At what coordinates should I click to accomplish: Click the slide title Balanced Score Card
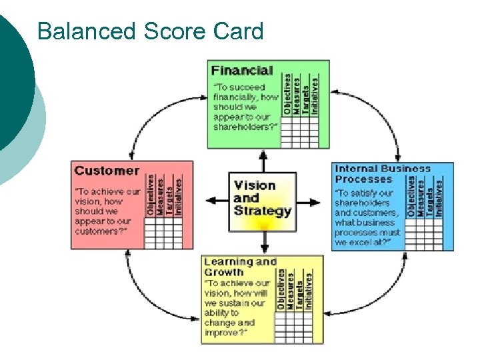pos(150,31)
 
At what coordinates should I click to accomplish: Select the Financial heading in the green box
pos(242,70)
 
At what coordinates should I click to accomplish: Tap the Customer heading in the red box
pos(107,170)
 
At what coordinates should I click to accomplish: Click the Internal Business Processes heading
pos(382,174)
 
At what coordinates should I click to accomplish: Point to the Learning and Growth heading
pos(239,267)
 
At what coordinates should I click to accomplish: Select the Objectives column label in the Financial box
pos(287,95)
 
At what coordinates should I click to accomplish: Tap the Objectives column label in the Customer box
pos(151,195)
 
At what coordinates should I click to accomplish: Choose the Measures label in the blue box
pos(421,195)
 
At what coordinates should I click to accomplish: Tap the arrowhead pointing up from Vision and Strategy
pos(263,155)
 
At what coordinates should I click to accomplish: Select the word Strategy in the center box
pos(263,211)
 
